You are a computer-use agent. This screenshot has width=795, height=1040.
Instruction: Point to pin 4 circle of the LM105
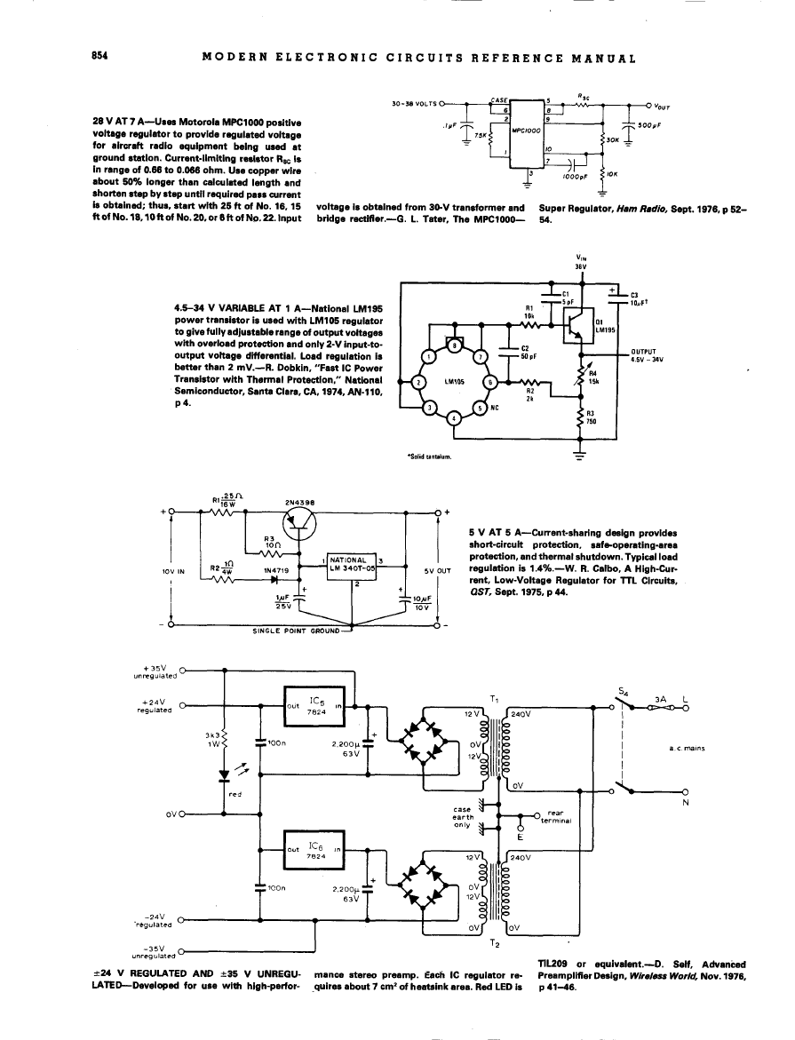tap(456, 419)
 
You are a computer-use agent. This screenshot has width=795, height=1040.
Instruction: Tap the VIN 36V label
tap(581, 262)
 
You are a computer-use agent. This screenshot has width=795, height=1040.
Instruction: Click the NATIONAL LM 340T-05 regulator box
tap(350, 565)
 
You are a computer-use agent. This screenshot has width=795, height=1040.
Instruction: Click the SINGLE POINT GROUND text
tap(295, 631)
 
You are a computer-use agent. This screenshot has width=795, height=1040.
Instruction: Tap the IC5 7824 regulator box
tap(314, 707)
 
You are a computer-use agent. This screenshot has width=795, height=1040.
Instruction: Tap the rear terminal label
tap(556, 817)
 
